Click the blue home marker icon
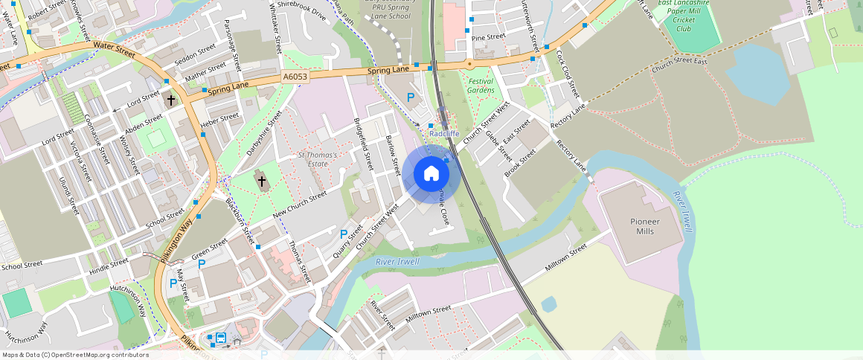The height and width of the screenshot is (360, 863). (x=431, y=174)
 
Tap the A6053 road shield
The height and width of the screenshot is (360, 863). (x=295, y=77)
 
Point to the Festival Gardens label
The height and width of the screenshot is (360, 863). (x=481, y=86)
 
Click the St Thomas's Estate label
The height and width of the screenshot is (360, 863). (x=318, y=159)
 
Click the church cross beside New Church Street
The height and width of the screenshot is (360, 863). (x=261, y=181)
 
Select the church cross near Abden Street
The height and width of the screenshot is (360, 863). (x=171, y=99)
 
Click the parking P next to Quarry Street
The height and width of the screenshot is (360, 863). (x=343, y=234)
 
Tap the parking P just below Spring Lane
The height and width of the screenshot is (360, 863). (x=410, y=97)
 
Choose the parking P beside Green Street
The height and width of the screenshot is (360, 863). (x=201, y=263)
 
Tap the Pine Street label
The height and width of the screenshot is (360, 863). (x=488, y=36)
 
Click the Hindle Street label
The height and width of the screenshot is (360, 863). (x=109, y=266)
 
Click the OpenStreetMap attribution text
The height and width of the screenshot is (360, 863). (x=74, y=355)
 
